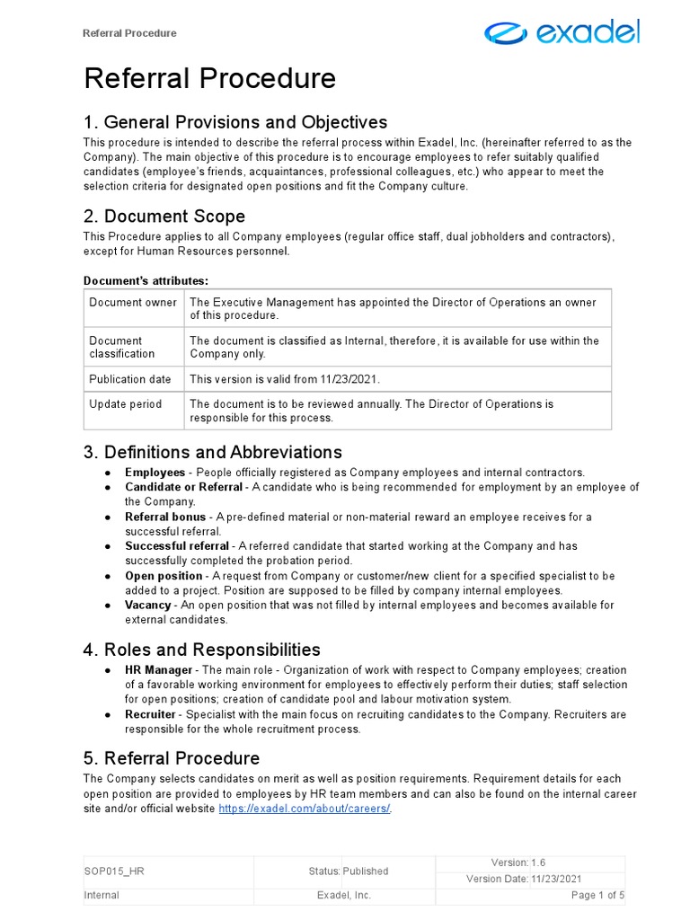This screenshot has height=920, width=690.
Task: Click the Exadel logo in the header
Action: point(562,33)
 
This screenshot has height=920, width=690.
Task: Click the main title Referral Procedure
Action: point(209,79)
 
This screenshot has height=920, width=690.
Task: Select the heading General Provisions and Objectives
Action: point(235,122)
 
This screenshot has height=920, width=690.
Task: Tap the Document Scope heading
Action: point(164,217)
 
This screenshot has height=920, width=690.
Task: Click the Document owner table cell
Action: point(133,303)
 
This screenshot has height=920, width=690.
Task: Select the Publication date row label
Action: point(129,379)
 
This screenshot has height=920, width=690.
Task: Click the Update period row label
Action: point(125,404)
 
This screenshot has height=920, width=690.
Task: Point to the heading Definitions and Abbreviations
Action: point(213,452)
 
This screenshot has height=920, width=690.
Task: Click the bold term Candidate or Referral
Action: point(183,487)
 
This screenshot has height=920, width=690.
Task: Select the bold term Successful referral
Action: point(176,546)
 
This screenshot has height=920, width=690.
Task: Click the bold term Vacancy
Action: point(147,606)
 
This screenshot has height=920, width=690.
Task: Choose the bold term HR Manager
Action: point(158,670)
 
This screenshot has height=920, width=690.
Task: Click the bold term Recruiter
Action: point(151,714)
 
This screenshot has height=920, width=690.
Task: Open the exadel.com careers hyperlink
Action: point(305,809)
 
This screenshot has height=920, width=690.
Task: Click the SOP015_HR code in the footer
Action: point(113,871)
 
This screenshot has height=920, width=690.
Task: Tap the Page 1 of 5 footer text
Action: point(597,896)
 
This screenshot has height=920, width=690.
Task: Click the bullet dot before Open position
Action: point(107,576)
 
